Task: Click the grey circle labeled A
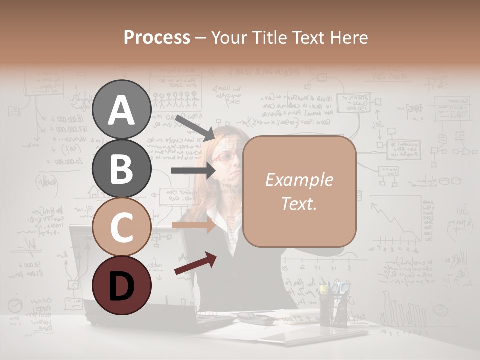click(x=121, y=109)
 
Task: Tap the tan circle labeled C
click(x=121, y=226)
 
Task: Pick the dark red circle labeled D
click(x=121, y=284)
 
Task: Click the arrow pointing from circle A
click(x=195, y=128)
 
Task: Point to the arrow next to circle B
click(x=194, y=171)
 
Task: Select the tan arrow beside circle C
click(x=194, y=225)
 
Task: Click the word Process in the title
click(x=157, y=37)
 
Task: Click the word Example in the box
click(x=299, y=180)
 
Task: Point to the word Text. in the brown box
click(x=299, y=203)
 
